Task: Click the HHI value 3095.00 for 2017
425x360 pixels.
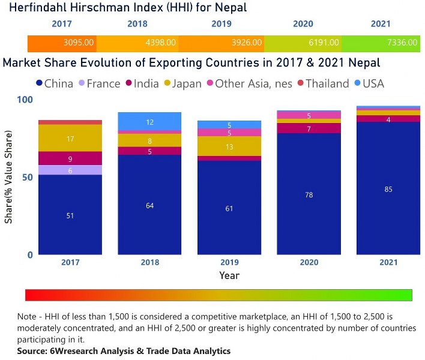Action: [x=78, y=43]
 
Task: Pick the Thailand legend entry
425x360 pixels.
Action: [x=322, y=84]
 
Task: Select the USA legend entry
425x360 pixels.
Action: [x=372, y=84]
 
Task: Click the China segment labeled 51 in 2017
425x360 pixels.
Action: [x=70, y=215]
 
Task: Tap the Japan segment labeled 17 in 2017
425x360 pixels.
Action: [x=70, y=138]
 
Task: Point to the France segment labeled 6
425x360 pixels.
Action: [x=70, y=170]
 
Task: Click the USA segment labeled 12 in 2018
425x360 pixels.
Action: [x=150, y=121]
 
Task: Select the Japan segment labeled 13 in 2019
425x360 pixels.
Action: [x=230, y=146]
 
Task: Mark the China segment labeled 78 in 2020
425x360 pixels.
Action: [x=309, y=194]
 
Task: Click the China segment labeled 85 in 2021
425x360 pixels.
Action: [x=388, y=189]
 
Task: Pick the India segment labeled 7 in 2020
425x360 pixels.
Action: [x=309, y=128]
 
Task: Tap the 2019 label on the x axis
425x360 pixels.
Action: [x=230, y=262]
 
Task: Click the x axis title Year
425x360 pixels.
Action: [x=229, y=275]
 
